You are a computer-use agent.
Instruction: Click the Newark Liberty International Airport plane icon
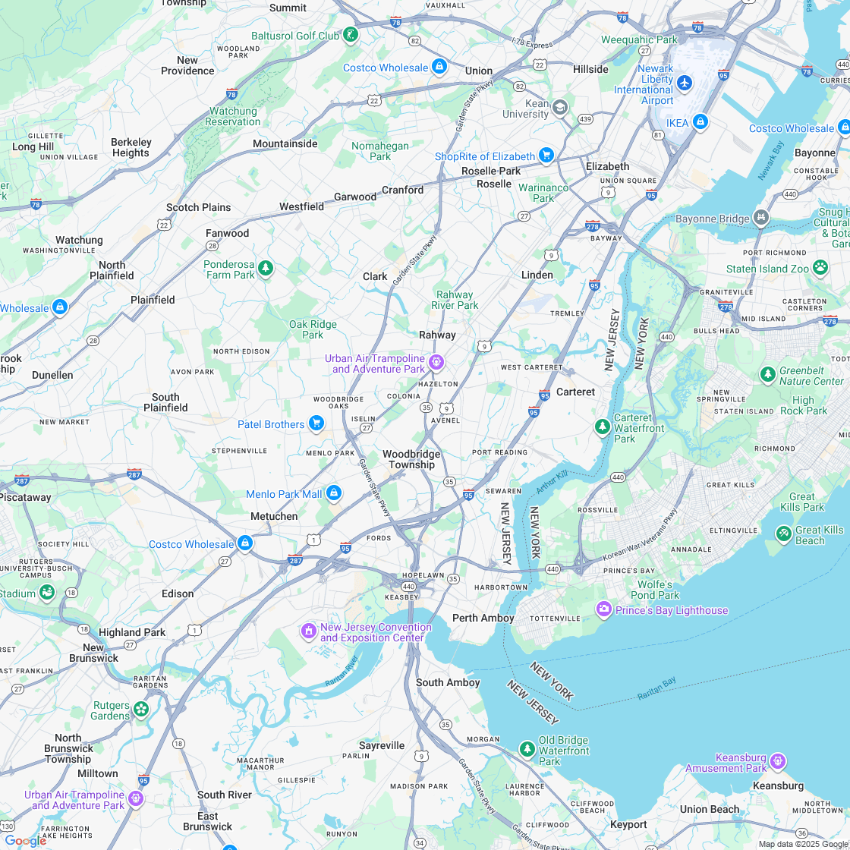[685, 82]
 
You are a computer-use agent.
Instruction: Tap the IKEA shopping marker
[700, 121]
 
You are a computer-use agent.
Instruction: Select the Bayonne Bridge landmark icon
[761, 219]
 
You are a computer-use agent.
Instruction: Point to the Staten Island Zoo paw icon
[820, 267]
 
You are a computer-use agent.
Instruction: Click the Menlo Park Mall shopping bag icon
[333, 493]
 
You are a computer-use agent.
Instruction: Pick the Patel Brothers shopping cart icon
[316, 423]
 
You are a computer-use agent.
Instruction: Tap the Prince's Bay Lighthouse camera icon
[604, 609]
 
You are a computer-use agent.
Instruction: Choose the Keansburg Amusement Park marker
[777, 760]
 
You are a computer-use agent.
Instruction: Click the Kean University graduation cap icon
[559, 107]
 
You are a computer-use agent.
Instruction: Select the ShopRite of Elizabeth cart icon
[546, 156]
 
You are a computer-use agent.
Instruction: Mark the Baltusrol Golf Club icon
[350, 34]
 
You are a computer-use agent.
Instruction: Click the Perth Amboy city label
[483, 618]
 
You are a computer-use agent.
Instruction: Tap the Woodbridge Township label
[411, 459]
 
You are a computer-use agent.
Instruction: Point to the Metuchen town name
[274, 516]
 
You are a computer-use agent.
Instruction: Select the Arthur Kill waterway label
[552, 480]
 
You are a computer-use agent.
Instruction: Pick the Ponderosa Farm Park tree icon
[265, 268]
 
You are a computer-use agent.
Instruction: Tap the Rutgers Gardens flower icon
[141, 709]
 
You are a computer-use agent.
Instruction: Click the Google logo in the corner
[24, 840]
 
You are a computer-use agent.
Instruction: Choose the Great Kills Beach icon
[783, 534]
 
